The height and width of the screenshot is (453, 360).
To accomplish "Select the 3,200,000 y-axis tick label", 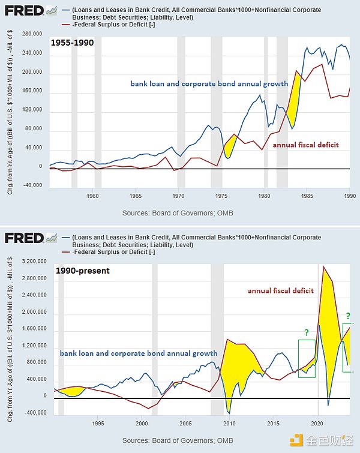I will coord(29,261).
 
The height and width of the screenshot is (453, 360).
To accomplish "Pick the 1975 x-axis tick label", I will coord(221,196).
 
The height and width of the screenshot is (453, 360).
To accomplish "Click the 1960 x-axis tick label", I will coord(92,196).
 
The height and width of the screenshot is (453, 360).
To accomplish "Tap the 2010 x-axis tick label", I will coord(229,423).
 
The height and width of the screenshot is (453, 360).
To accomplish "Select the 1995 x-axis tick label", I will coord(98,423).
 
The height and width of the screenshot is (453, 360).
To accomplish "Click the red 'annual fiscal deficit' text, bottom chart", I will coord(280,290).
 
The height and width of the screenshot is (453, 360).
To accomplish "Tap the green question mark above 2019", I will coord(307,332).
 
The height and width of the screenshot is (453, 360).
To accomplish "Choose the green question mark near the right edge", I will coord(348,316).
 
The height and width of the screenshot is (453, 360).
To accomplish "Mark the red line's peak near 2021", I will coord(324,266).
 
